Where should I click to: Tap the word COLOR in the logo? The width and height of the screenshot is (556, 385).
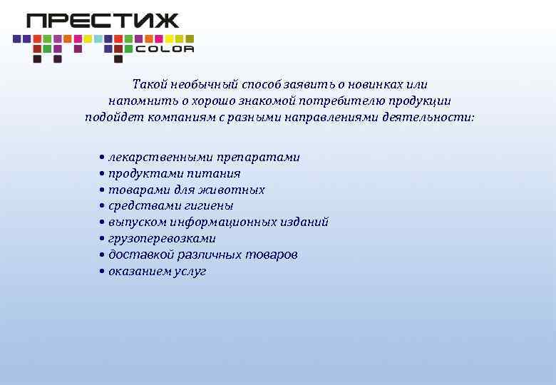click(x=164, y=49)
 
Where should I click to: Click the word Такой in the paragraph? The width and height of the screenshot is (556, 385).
click(x=148, y=84)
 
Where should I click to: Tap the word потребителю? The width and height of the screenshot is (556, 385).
click(x=344, y=101)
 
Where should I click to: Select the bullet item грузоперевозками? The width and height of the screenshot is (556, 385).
click(x=162, y=239)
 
